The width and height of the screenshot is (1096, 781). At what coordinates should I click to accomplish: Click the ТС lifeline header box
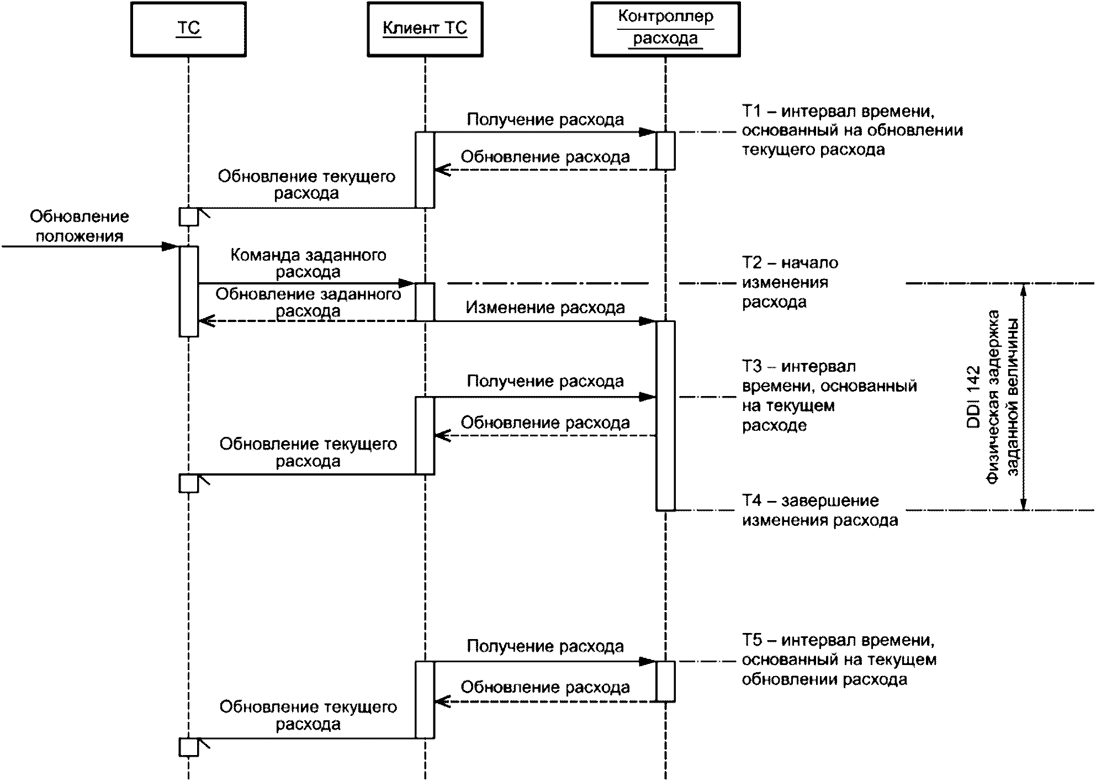point(188,29)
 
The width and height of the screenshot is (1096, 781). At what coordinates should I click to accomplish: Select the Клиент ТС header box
point(425,29)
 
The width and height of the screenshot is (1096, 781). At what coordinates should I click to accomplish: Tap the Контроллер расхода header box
point(665,29)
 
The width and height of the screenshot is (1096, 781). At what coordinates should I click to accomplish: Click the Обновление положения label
point(80,226)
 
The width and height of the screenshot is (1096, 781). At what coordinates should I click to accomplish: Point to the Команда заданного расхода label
point(308,263)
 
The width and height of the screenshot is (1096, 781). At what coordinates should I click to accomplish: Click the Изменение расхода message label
point(545,308)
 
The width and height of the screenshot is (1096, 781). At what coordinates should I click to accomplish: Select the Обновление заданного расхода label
point(308,302)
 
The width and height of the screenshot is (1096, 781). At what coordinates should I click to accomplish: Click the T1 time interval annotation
point(853,130)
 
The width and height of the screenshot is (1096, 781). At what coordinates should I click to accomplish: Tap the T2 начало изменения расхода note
point(790,282)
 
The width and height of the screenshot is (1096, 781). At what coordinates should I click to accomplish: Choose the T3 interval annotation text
point(829,395)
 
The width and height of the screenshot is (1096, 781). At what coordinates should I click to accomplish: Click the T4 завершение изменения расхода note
point(820,510)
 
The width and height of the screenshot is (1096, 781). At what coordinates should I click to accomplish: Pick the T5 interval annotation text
point(839,659)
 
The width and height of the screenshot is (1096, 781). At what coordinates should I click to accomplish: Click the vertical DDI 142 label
point(973,397)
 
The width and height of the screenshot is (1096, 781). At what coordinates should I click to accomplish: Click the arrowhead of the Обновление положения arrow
point(170,246)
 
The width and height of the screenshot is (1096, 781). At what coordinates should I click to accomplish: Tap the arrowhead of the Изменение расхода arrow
point(648,321)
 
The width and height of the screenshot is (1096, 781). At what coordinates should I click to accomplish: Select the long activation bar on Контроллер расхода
point(665,415)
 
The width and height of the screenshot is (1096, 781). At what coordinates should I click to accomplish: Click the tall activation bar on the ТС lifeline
point(188,291)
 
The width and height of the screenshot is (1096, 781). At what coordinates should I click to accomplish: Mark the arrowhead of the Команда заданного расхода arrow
point(407,283)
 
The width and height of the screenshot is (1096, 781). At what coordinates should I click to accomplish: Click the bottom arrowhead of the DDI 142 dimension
point(1023,504)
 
